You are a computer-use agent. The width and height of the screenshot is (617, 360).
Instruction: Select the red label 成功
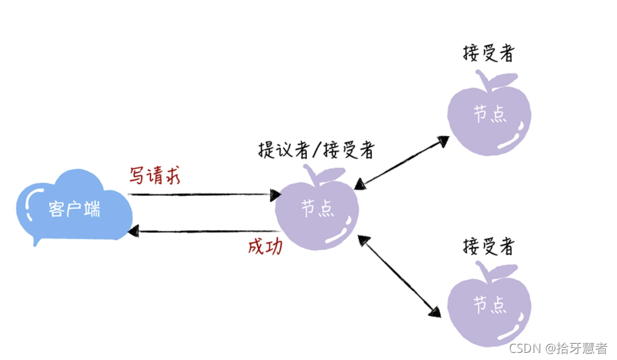(x=265, y=247)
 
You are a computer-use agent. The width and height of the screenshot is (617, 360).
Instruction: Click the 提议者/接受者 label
(x=316, y=150)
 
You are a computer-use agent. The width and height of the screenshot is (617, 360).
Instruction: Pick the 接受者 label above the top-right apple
(x=488, y=53)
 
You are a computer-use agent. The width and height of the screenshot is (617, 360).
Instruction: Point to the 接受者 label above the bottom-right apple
(x=488, y=246)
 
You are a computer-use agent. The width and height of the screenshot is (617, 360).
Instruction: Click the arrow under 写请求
(x=204, y=194)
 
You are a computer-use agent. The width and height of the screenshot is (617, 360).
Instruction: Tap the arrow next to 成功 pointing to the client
(x=204, y=231)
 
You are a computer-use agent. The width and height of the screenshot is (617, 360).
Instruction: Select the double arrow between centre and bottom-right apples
(x=396, y=276)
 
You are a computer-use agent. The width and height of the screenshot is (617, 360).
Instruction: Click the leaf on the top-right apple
(x=503, y=81)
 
